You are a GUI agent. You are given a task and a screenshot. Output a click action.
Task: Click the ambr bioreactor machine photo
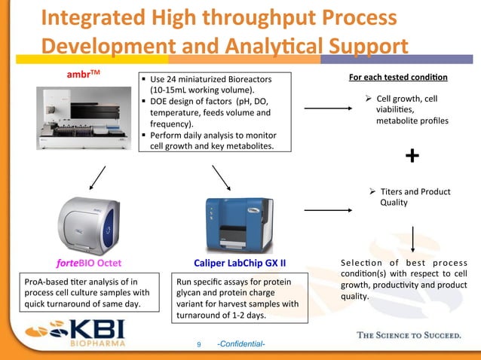pos(83,121)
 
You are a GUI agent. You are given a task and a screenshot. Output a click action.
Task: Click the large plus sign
pos(412,156)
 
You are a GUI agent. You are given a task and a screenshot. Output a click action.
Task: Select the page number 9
pos(199,345)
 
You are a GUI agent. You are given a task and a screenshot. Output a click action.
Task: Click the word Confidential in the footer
pos(240,345)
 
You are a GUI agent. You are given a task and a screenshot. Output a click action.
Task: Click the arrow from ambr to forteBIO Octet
pos(97,178)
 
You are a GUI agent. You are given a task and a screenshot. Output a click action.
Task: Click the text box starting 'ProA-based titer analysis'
pos(84,293)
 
